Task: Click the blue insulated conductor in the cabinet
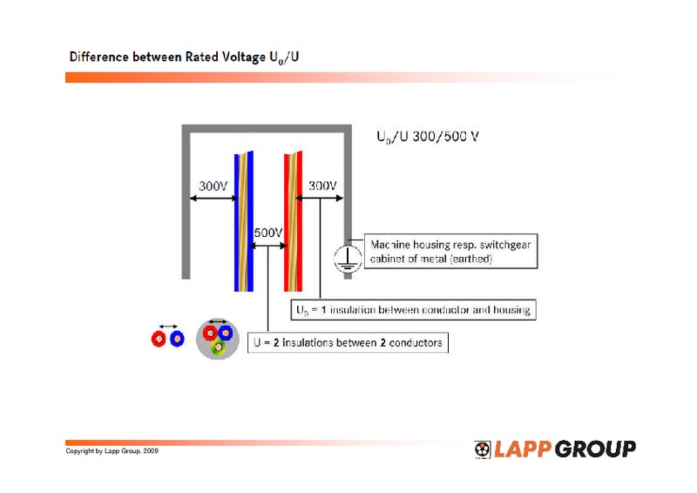[242, 222]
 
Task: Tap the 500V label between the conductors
[268, 233]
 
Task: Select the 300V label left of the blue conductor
[213, 186]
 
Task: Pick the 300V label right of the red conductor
[322, 186]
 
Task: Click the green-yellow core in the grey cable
[217, 346]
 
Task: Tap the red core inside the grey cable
[209, 332]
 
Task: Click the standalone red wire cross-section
[159, 338]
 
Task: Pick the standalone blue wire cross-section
[177, 338]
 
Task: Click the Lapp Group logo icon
[483, 449]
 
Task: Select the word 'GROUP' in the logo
[594, 449]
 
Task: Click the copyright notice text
[112, 451]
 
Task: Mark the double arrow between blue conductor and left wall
[212, 199]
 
